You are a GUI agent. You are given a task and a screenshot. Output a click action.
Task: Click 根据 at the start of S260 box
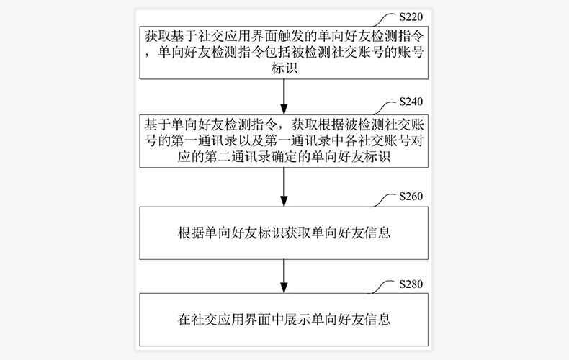188,234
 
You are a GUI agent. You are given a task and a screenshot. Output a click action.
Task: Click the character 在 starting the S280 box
182,320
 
